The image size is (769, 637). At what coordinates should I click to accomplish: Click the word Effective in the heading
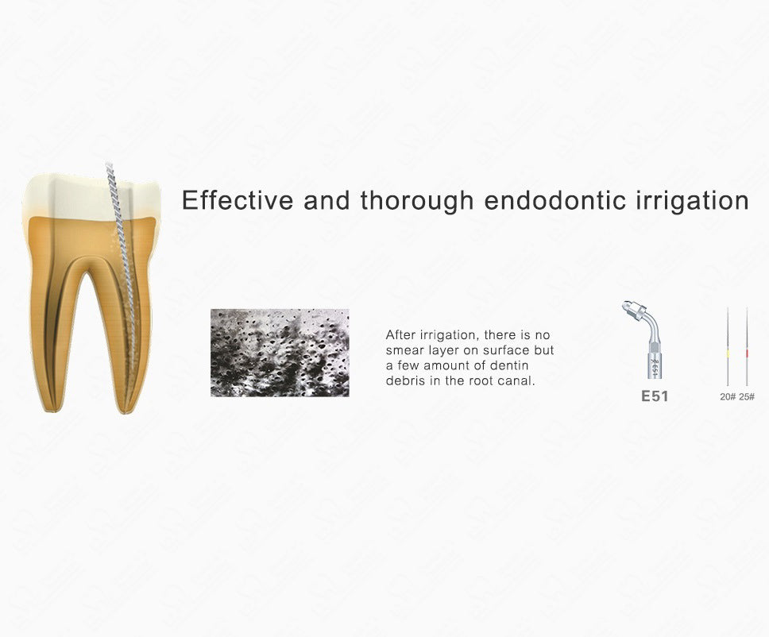[238, 200]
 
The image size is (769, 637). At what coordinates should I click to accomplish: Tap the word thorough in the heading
[417, 202]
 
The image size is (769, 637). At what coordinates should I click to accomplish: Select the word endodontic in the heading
[555, 200]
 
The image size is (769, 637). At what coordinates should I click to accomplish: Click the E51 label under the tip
[655, 396]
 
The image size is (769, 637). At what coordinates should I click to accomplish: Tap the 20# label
[728, 396]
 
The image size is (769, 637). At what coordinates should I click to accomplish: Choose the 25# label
[747, 396]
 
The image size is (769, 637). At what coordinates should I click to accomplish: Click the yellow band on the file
[728, 353]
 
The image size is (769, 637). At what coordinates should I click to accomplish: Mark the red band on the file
[747, 353]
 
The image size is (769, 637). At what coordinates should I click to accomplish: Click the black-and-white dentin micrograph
[280, 353]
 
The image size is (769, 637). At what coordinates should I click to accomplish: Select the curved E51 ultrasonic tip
[646, 339]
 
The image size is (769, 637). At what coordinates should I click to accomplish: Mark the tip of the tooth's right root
[124, 412]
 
